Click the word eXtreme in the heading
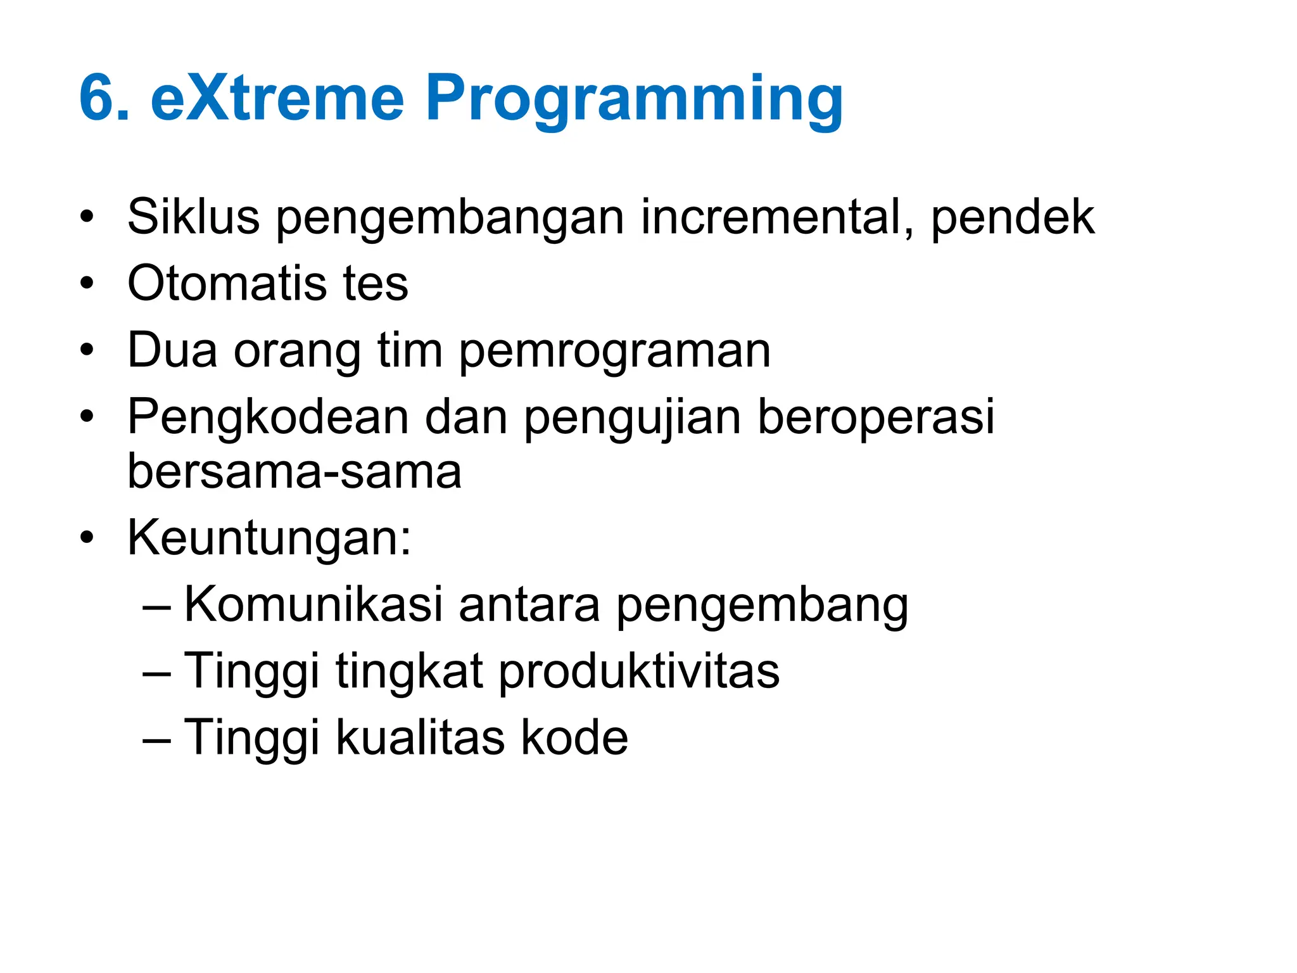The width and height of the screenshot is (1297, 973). point(277,98)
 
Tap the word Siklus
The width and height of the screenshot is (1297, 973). point(193,217)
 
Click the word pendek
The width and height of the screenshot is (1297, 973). point(1012,217)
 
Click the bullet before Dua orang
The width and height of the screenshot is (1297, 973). point(87,350)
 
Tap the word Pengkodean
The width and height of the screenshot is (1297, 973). point(268,418)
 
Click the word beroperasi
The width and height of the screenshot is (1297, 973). point(876,418)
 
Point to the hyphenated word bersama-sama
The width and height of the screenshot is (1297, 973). point(294,472)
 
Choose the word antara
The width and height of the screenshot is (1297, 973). point(529,605)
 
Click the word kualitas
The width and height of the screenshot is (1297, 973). point(419,738)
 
